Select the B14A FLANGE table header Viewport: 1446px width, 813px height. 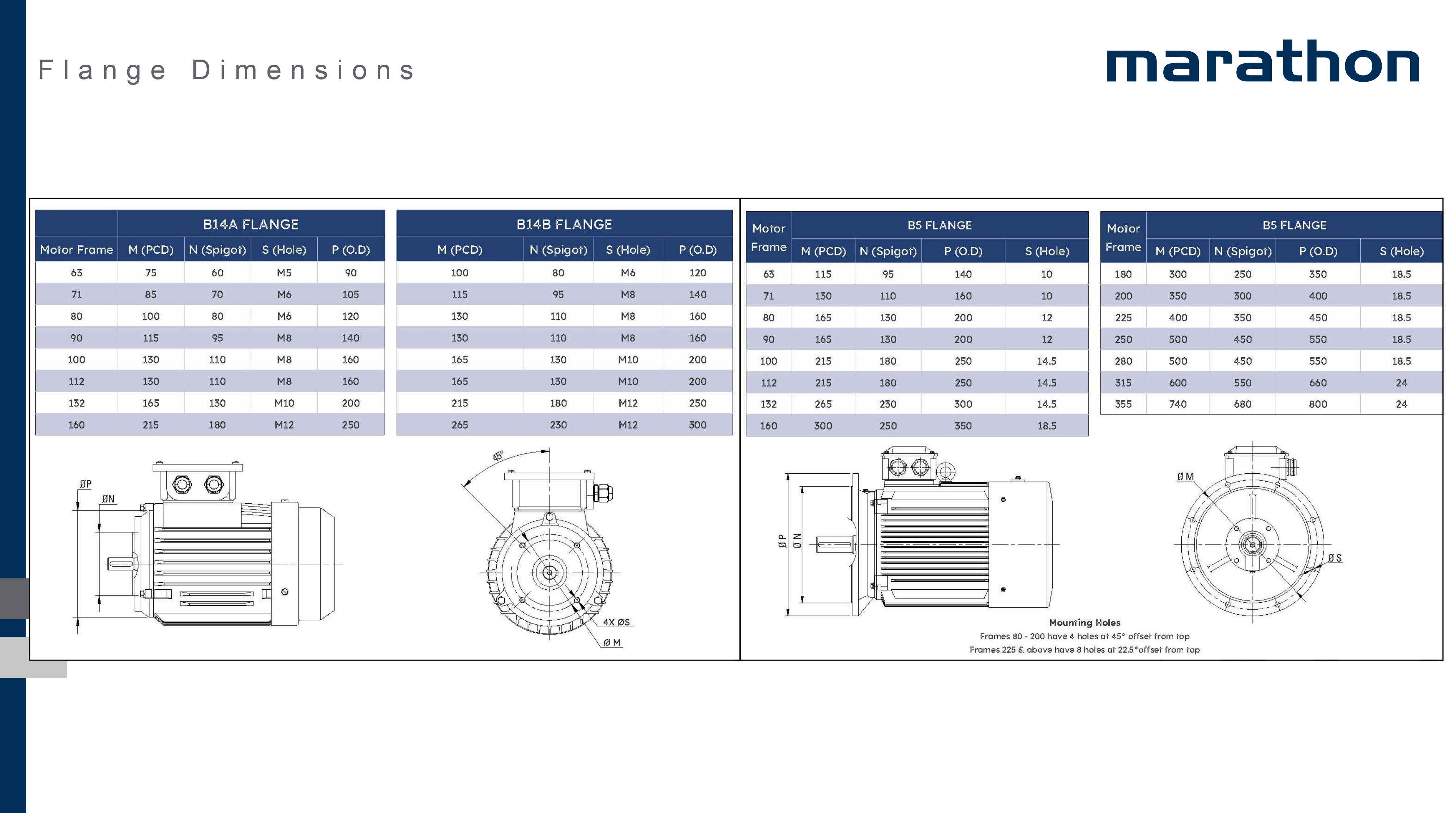(x=251, y=224)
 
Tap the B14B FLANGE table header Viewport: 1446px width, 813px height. (x=564, y=224)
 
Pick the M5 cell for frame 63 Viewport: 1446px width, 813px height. (x=284, y=273)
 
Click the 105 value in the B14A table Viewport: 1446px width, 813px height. (x=351, y=294)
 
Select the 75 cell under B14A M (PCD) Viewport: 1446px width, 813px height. (x=150, y=273)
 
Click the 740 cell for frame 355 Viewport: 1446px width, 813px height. (x=1178, y=404)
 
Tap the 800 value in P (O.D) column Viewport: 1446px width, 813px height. (x=1318, y=404)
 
